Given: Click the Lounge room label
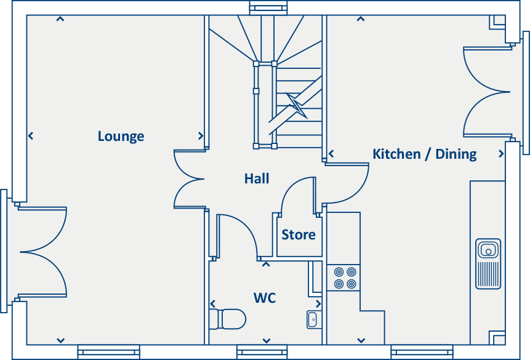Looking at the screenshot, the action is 121,136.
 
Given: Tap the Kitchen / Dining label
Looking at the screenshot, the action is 425,154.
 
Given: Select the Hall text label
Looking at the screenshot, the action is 257,178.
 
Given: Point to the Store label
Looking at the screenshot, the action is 299,234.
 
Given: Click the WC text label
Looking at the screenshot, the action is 265,298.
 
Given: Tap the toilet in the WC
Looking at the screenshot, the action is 228,319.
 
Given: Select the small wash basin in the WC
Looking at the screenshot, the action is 312,319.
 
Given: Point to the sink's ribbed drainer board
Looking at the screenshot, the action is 488,274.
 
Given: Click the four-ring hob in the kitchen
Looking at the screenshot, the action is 345,278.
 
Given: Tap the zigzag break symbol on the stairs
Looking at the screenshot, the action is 297,105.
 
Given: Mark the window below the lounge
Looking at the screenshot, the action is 108,352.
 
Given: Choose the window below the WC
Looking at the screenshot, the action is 262,352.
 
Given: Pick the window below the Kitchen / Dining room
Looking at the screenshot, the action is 422,352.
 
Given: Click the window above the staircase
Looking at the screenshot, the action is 268,8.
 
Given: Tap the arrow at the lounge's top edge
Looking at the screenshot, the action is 60,19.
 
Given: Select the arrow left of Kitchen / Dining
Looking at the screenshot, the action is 331,154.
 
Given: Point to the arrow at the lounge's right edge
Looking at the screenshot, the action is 201,136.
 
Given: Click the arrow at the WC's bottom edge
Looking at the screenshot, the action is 267,341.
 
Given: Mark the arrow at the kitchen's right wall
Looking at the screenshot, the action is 501,154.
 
